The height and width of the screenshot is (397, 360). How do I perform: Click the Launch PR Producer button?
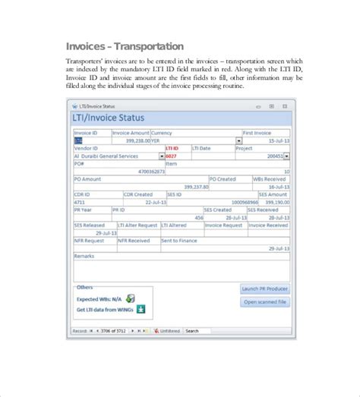coord(265,289)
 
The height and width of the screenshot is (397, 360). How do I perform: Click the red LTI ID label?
coord(172,149)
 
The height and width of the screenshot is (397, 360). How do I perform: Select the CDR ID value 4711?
coord(80,203)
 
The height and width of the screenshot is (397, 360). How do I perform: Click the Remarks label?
coord(84,256)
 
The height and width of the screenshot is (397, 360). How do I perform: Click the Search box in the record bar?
coord(202,331)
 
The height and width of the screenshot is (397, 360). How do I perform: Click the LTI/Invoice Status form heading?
coord(108,118)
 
